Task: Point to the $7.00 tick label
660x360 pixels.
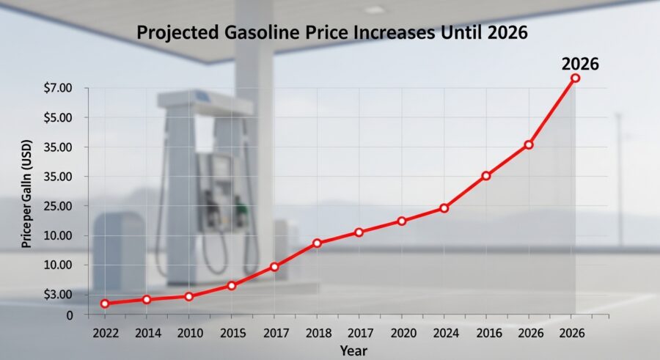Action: point(58,88)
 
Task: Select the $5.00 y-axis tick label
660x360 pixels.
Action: point(58,117)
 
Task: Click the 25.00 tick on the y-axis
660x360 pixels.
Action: point(58,206)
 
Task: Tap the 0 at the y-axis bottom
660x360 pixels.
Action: point(70,315)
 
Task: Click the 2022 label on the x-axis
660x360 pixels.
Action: point(105,333)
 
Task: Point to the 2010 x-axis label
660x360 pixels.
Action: point(189,333)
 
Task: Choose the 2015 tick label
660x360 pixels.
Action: point(232,333)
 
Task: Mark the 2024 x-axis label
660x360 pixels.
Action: point(444,333)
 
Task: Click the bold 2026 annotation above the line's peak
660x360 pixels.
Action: point(580,64)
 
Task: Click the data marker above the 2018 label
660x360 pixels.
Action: point(317,243)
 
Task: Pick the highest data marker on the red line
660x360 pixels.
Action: point(575,78)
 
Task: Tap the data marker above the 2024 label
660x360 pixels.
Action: point(444,208)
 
